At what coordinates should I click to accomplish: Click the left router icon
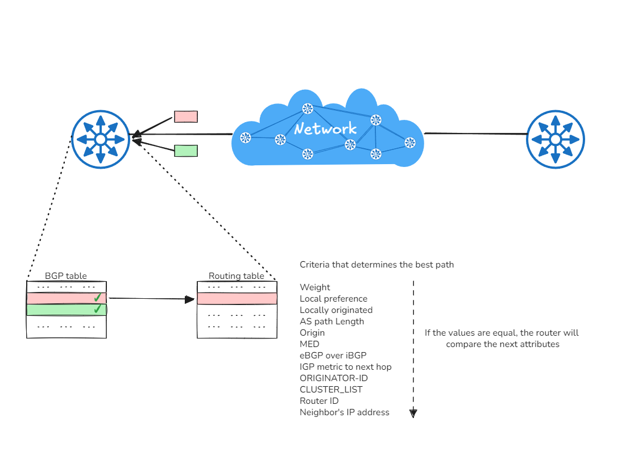pyautogui.click(x=101, y=139)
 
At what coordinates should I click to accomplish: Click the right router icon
pyautogui.click(x=555, y=139)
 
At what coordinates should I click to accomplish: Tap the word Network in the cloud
pyautogui.click(x=325, y=128)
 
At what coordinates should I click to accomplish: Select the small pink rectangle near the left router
pyautogui.click(x=185, y=116)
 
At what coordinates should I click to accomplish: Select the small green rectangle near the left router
pyautogui.click(x=185, y=151)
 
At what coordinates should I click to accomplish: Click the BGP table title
pyautogui.click(x=66, y=276)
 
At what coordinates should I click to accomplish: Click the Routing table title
pyautogui.click(x=237, y=276)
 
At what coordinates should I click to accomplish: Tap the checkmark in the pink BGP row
pyautogui.click(x=97, y=297)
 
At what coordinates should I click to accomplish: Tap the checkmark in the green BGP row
pyautogui.click(x=97, y=309)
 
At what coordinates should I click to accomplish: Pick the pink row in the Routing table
pyautogui.click(x=237, y=298)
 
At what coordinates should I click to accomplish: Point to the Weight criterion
pyautogui.click(x=315, y=287)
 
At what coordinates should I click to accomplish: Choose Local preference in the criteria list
pyautogui.click(x=333, y=299)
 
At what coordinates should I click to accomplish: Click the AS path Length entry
pyautogui.click(x=332, y=321)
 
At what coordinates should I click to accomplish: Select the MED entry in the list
pyautogui.click(x=309, y=344)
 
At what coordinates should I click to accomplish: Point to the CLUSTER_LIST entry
pyautogui.click(x=331, y=390)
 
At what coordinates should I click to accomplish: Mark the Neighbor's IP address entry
pyautogui.click(x=344, y=412)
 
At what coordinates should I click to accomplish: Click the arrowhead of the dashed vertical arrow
pyautogui.click(x=413, y=414)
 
